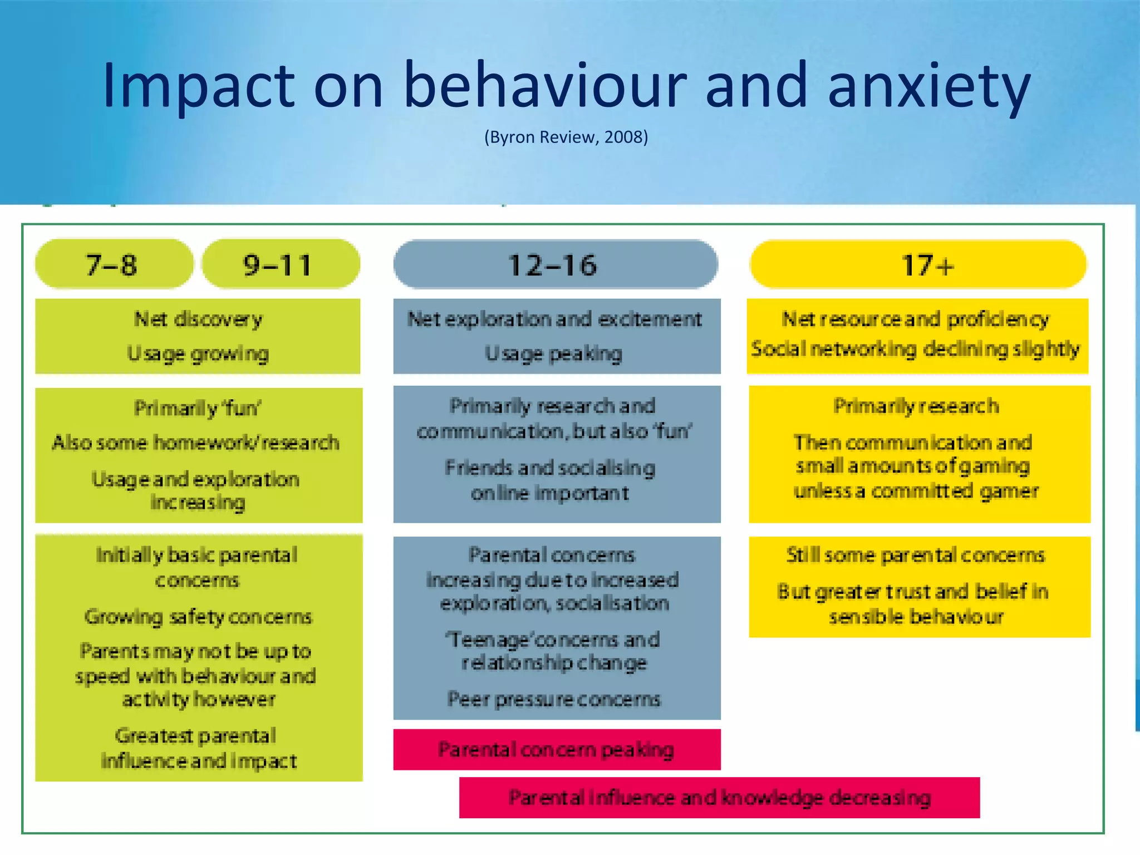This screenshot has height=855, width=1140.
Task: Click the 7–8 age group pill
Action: (114, 264)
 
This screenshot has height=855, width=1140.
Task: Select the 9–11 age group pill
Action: (280, 264)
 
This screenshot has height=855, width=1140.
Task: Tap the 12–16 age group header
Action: (555, 264)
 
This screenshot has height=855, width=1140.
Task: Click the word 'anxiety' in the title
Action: (929, 86)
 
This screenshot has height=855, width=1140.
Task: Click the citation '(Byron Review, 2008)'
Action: (566, 137)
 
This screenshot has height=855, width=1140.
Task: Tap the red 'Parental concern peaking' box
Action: (557, 749)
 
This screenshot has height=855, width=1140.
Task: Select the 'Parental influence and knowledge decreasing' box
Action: (719, 797)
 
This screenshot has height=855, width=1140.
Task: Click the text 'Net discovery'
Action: (198, 320)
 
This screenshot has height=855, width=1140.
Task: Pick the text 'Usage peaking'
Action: (554, 354)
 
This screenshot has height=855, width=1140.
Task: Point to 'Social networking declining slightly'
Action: (916, 350)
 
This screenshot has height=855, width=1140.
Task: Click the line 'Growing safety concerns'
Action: (198, 617)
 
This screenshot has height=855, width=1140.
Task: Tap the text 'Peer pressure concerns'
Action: (554, 699)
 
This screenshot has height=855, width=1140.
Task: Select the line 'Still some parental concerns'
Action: (916, 555)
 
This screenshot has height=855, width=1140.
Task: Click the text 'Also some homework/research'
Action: (196, 443)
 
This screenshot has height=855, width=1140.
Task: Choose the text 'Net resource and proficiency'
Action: (916, 320)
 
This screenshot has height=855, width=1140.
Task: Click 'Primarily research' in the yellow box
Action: (916, 406)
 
